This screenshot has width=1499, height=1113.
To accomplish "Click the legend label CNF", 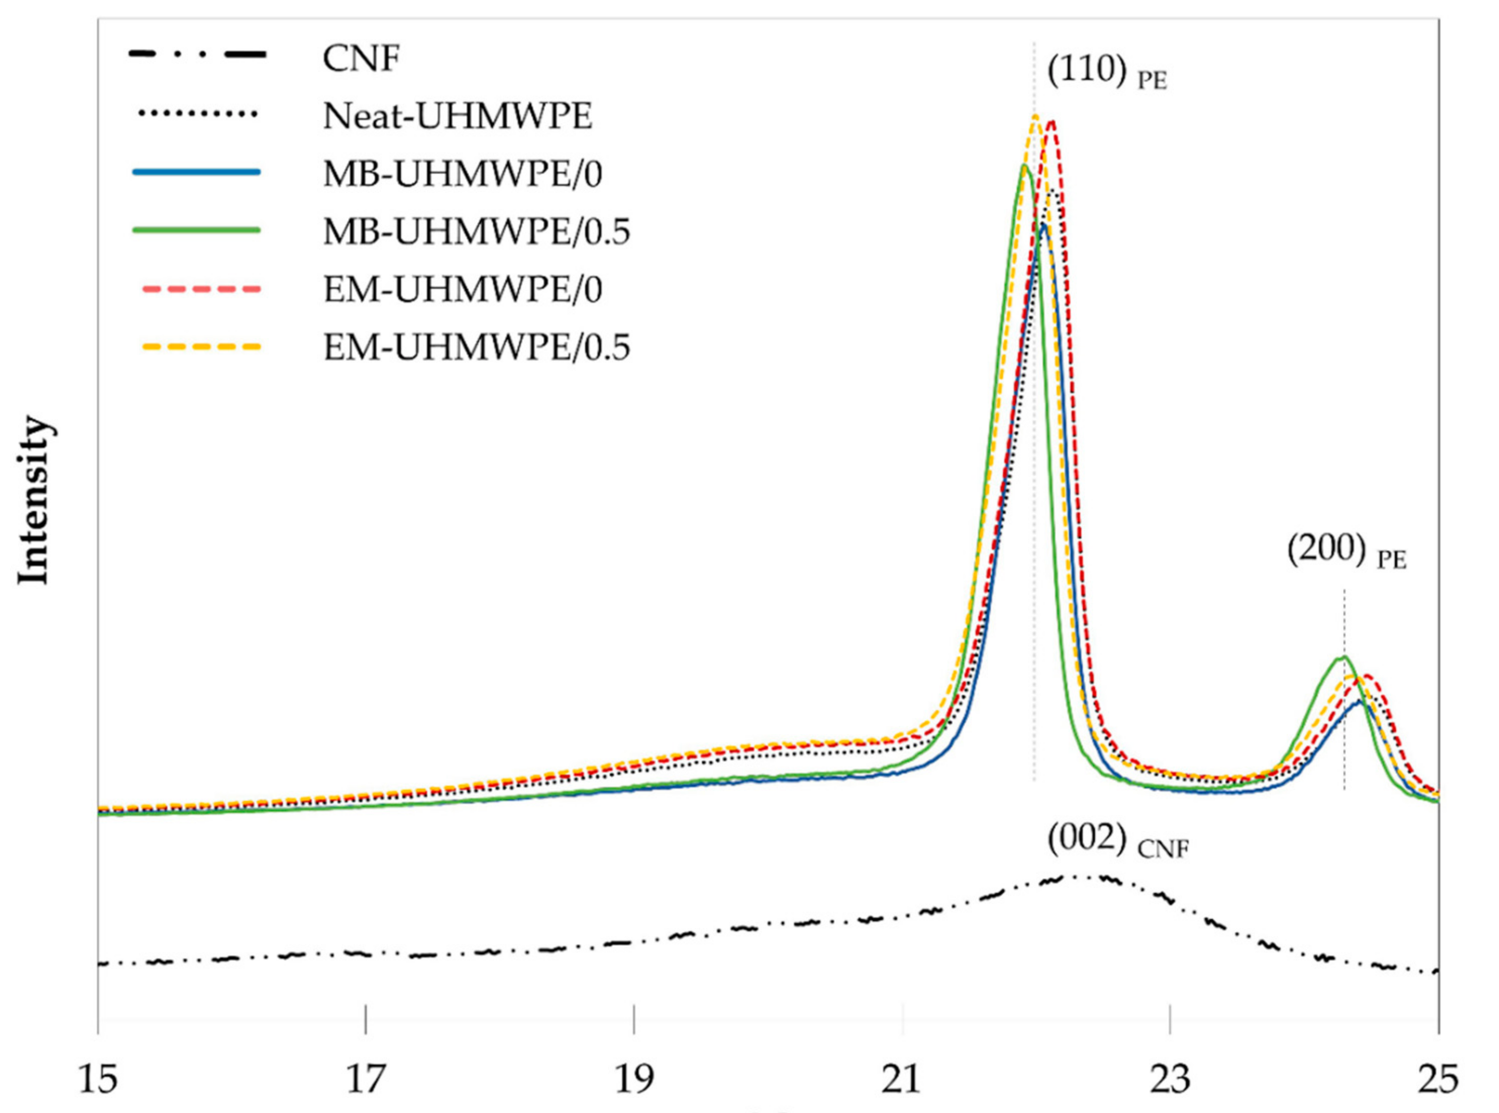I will (x=361, y=59).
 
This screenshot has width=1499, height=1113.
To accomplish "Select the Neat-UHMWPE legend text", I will (x=458, y=117).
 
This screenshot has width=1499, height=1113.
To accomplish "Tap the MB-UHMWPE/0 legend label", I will (x=462, y=175).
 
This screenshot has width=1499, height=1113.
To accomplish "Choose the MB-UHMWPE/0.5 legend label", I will (x=476, y=232).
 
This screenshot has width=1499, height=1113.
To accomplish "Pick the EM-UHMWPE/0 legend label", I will (x=462, y=290).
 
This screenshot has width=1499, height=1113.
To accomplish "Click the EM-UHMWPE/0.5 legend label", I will (x=476, y=347).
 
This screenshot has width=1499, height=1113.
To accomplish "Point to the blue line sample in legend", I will (x=197, y=173).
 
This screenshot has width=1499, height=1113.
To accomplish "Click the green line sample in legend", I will (x=197, y=230).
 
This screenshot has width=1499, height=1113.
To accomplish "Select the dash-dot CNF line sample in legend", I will (x=197, y=55).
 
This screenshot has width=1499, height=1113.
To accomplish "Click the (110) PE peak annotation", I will (x=1106, y=72).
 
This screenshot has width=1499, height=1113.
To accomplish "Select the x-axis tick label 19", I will (x=633, y=1079).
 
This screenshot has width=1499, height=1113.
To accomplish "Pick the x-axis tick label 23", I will (x=1170, y=1079).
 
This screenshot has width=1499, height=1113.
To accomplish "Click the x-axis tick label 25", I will (x=1438, y=1079).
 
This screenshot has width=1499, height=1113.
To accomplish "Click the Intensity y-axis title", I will (x=34, y=502).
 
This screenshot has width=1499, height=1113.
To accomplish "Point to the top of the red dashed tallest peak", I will (x=1052, y=121).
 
